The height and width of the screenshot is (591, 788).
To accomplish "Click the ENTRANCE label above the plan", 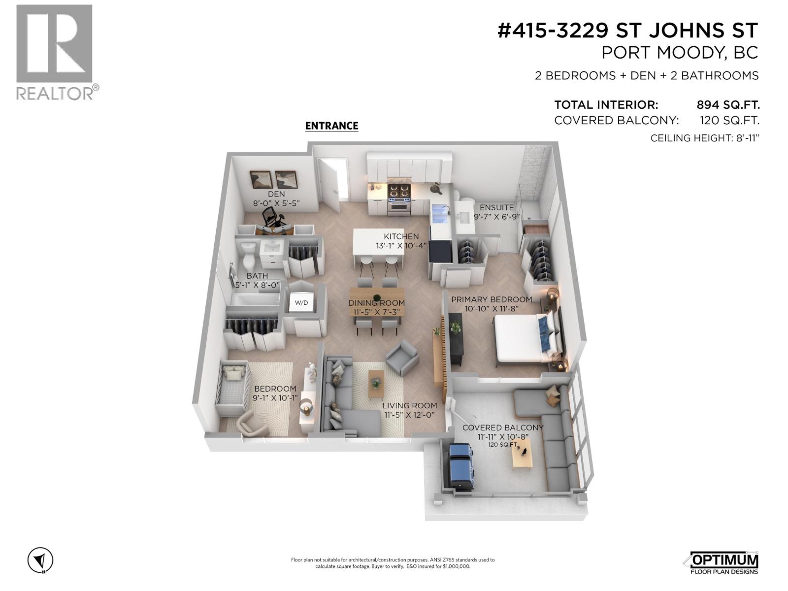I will coord(331,126).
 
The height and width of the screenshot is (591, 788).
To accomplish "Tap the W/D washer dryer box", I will coord(301,302).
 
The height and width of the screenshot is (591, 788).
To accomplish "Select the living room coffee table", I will coord(376,383).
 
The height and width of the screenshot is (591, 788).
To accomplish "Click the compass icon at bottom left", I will coord(40,560).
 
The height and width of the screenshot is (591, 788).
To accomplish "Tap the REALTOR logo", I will coord(54,52).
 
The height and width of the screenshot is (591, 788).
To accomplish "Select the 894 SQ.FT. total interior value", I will coord(728,105).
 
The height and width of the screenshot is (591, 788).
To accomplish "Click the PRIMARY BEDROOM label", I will coord(491,299).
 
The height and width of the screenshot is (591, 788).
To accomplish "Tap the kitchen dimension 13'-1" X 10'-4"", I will coord(401,245).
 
